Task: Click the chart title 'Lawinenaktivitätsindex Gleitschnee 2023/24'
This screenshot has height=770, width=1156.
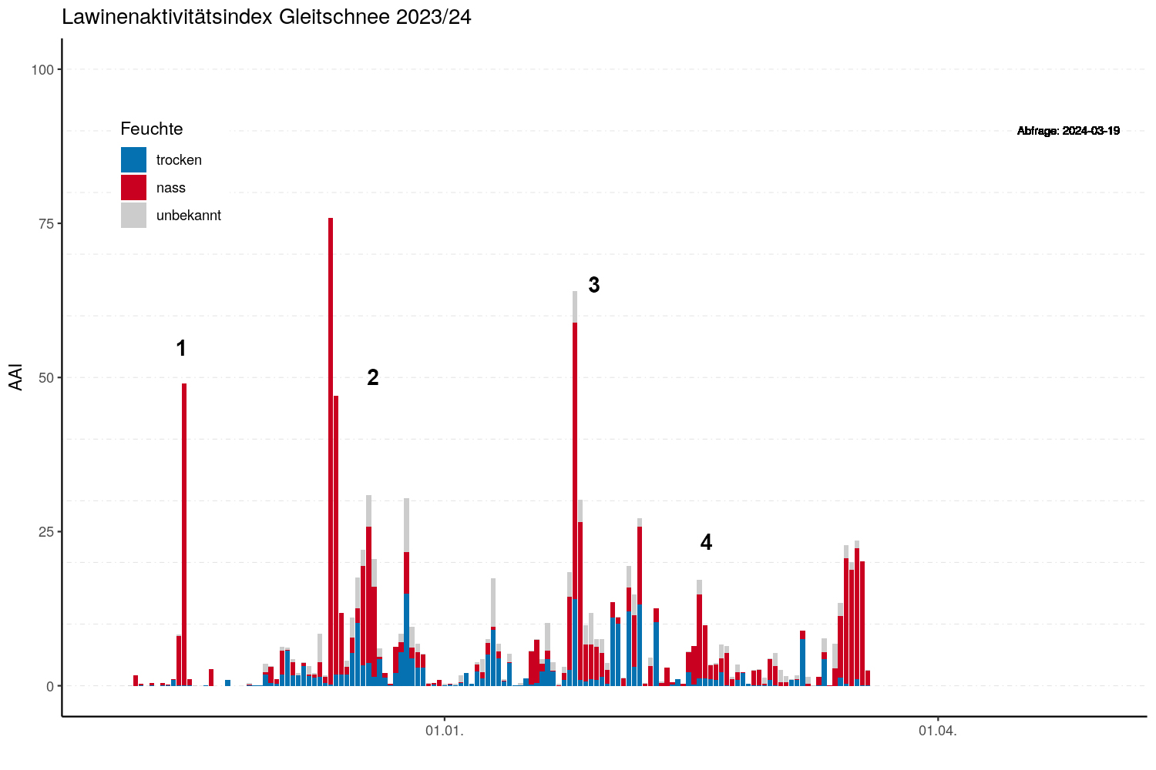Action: [267, 17]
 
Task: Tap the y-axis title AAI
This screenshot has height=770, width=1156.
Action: [16, 377]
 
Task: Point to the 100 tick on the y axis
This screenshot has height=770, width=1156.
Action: [42, 70]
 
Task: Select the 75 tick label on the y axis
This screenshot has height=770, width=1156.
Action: [46, 224]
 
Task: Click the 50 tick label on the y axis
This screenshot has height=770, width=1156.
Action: [46, 378]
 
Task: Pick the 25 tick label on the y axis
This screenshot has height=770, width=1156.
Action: [46, 532]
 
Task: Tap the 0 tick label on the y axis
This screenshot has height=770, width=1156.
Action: [50, 686]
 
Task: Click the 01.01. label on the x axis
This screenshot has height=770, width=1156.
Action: [445, 731]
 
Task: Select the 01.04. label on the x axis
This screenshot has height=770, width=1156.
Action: [938, 731]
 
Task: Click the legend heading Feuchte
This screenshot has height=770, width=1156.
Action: [152, 129]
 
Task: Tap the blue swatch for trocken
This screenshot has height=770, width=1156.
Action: [133, 160]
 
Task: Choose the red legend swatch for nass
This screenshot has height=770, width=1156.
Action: [133, 188]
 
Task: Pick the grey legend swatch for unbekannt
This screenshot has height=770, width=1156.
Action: [133, 216]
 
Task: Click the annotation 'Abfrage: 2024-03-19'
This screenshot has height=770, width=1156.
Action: [1068, 131]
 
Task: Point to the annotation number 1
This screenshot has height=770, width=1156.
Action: [181, 349]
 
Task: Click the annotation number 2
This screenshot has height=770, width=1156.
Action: [373, 377]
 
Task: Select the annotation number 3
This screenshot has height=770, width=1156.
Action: [594, 285]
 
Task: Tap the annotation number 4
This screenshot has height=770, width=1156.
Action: [706, 543]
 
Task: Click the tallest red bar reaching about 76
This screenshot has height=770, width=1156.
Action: [331, 447]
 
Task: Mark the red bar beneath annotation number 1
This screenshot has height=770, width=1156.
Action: [184, 531]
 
